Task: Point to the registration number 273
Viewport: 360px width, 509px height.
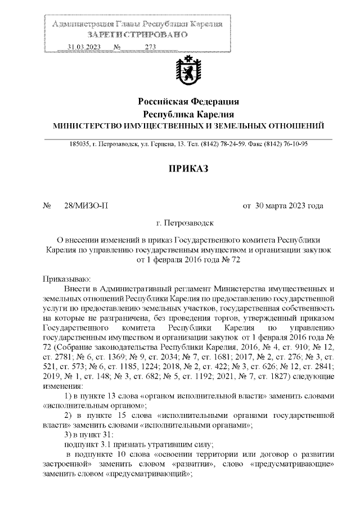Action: click(150, 47)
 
